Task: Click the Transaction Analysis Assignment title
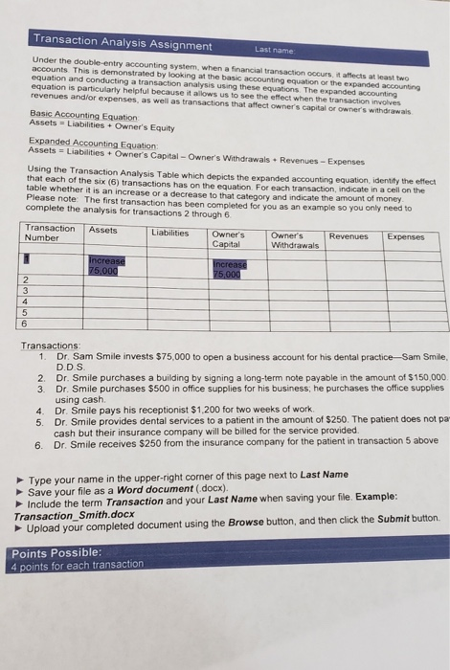click(x=122, y=45)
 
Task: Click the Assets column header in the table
click(x=102, y=230)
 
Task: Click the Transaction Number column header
click(x=51, y=233)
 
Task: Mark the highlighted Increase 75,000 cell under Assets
click(x=106, y=264)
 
